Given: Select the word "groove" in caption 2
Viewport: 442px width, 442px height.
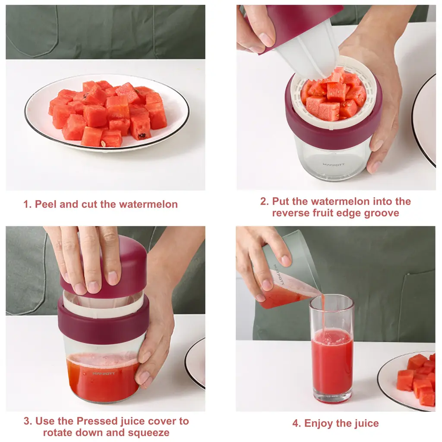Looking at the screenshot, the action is pyautogui.click(x=382, y=213).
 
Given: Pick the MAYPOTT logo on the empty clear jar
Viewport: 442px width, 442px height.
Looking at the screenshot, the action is pyautogui.click(x=334, y=164).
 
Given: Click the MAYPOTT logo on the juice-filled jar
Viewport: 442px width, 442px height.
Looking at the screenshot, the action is pyautogui.click(x=104, y=373).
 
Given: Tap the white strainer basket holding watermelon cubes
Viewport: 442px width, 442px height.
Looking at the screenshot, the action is pyautogui.click(x=336, y=93).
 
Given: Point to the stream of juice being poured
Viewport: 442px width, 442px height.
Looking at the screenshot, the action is pyautogui.click(x=323, y=313).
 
